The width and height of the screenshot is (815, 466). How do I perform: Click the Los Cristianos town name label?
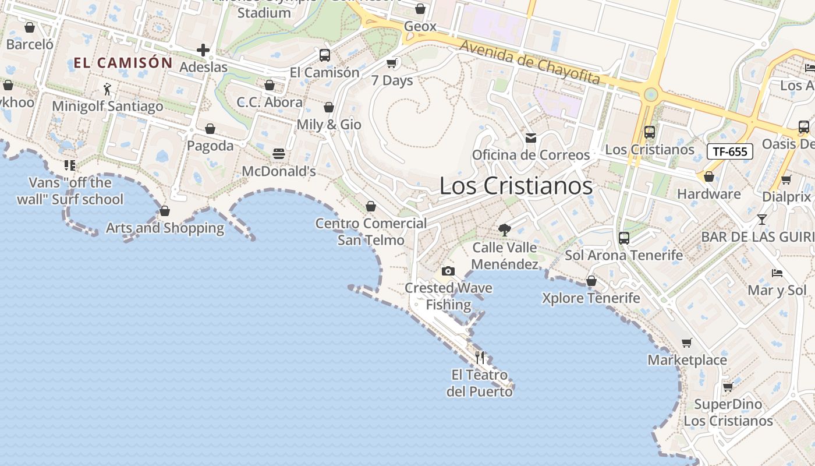coord(516,186)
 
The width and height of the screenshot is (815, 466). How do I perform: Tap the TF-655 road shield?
coord(730,151)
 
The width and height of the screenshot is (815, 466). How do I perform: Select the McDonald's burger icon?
coord(279,154)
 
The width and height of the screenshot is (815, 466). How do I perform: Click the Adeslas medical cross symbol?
coord(203,50)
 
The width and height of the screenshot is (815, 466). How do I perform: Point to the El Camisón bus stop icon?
coord(325,55)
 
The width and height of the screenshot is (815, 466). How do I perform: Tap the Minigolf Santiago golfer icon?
coord(107,89)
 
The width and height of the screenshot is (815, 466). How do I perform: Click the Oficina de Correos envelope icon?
coord(531,138)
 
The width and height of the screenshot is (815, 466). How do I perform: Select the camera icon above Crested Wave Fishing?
coord(448,271)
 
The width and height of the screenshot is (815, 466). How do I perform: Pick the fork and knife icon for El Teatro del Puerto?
coord(480,357)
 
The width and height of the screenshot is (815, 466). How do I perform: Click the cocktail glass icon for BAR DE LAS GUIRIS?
coord(761,220)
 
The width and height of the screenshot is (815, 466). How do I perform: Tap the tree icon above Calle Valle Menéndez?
coord(505,230)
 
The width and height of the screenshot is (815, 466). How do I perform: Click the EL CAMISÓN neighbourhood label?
coord(123,63)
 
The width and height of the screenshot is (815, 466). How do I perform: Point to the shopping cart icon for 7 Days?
coord(392,63)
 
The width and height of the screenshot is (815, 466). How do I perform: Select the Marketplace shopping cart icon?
coord(687,343)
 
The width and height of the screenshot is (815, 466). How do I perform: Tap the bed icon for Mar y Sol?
coord(777,273)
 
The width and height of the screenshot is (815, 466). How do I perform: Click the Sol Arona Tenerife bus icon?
coord(624,238)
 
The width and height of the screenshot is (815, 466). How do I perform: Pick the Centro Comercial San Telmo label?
coord(371,231)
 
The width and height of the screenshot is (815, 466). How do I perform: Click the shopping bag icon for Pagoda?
coord(210,129)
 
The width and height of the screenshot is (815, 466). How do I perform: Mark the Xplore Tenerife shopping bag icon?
coord(591,281)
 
